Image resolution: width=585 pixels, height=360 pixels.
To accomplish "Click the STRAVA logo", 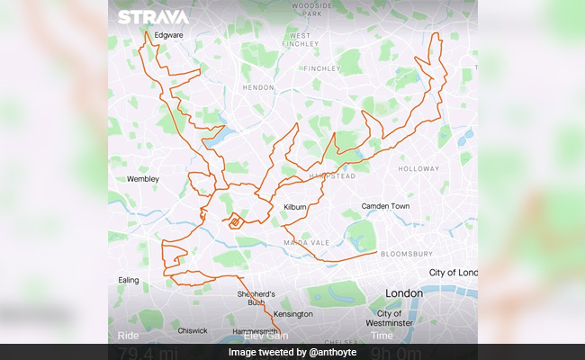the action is click(x=153, y=17).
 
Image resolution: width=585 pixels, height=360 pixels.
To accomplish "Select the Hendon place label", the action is click(x=258, y=88).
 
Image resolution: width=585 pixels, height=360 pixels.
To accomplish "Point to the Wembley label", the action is click(x=142, y=179).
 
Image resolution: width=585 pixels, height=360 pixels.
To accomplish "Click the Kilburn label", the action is click(x=297, y=207).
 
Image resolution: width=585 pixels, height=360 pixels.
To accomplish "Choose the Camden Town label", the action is click(x=385, y=206).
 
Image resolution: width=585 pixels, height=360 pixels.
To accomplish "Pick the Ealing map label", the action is click(x=128, y=280).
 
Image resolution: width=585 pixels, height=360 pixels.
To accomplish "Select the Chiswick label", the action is click(x=192, y=330).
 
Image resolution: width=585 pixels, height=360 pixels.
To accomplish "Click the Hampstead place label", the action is click(x=334, y=176).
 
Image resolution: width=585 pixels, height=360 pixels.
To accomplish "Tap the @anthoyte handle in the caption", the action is click(x=330, y=352).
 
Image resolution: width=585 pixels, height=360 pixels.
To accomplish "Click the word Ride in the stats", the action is click(x=129, y=337).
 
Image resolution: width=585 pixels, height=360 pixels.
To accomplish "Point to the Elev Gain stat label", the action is click(x=265, y=337).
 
